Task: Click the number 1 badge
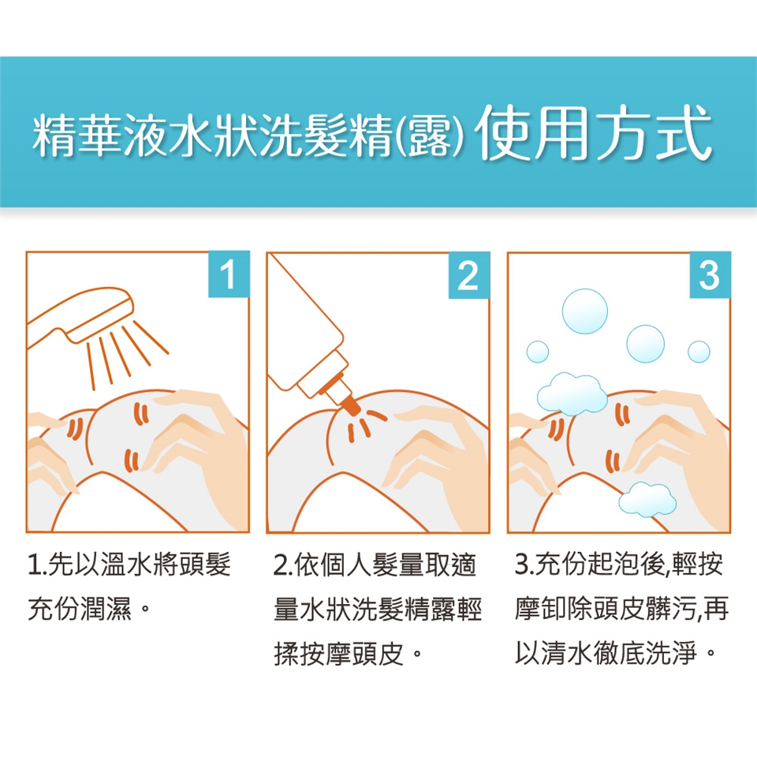point(229,274)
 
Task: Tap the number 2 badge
point(469,274)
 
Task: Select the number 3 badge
point(710,274)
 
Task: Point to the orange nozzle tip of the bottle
point(351,406)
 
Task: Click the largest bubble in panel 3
point(584,311)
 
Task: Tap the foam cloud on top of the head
point(572,393)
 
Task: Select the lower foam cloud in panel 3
point(647,498)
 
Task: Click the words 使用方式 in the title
point(593,132)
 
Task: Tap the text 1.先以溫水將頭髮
point(129,565)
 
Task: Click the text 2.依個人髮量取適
point(375,565)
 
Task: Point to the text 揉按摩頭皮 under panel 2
point(338,654)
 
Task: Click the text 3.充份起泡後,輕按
point(619,565)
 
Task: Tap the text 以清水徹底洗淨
point(606,653)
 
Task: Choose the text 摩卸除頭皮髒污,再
point(622,609)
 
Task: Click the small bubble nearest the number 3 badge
point(699,352)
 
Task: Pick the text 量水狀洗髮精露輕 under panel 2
point(378,610)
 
